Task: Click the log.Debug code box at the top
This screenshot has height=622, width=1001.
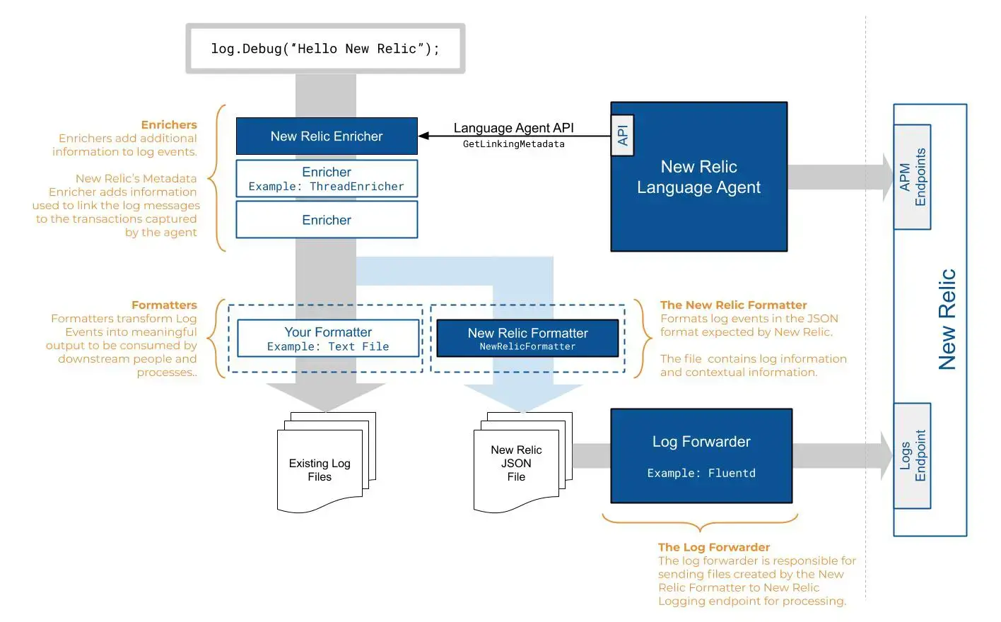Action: coord(325,49)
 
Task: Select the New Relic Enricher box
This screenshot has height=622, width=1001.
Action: coord(327,136)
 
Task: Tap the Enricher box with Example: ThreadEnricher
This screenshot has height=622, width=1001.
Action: coord(327,179)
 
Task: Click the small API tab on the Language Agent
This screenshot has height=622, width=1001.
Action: coord(622,136)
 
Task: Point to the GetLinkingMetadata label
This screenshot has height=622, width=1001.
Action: coord(513,144)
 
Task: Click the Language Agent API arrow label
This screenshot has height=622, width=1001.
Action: coord(513,128)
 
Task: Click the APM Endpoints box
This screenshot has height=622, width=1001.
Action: coord(912,177)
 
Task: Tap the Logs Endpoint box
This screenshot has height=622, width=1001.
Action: coord(912,456)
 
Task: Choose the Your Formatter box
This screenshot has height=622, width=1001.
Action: coord(328,339)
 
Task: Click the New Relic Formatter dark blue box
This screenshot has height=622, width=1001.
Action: coord(527,339)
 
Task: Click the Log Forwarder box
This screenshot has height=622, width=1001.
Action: coord(701,456)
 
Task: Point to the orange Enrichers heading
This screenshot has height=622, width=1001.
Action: coord(169,125)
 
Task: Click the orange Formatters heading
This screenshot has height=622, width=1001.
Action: coord(164,305)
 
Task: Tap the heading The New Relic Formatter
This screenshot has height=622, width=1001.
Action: coord(733,305)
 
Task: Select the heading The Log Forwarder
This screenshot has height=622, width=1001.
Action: coord(713,547)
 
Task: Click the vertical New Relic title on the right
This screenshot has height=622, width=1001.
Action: coord(947,319)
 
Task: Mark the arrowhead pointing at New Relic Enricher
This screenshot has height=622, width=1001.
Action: coord(423,136)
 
